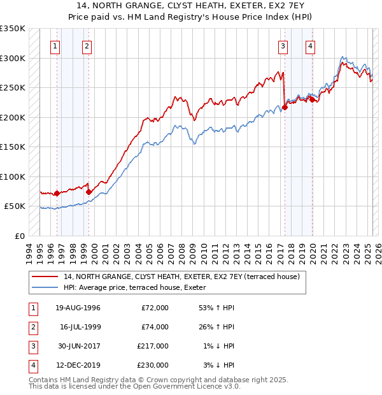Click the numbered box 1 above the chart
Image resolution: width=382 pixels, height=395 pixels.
coord(55,46)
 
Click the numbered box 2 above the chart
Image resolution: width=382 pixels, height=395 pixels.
coord(86,46)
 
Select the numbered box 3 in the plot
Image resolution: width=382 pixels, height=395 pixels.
coord(282,46)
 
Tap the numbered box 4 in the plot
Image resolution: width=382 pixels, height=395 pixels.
coord(310,46)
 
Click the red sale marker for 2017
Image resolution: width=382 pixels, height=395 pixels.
coord(285,107)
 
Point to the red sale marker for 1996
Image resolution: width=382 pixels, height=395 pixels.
coord(57,193)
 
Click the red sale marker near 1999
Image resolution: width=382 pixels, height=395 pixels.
coord(88,192)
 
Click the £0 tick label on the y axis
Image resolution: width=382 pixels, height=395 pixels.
coord(19,236)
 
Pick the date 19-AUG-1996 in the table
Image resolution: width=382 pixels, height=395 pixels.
coord(78,308)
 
